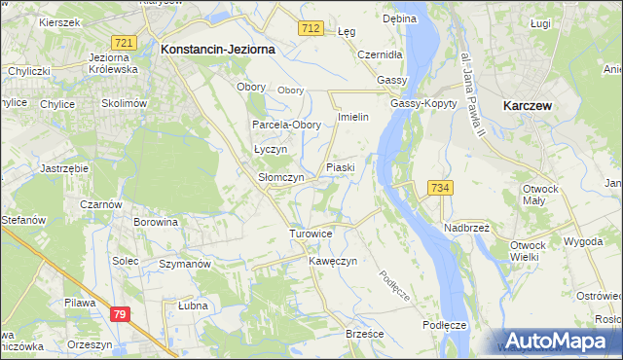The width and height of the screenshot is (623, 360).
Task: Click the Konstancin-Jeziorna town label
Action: click(218, 48)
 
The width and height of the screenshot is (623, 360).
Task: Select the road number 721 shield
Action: click(124, 44)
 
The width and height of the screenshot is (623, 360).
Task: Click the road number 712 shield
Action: click(311, 29)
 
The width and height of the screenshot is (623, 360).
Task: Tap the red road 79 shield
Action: click(120, 314)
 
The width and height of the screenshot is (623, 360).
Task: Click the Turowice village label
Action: click(311, 234)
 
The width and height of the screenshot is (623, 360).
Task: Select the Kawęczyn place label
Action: click(333, 262)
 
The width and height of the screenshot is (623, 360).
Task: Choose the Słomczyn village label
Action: click(281, 178)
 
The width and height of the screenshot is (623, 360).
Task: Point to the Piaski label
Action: click(340, 167)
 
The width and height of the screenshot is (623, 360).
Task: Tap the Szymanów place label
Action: click(185, 265)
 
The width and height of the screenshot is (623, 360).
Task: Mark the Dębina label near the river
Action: click(399, 18)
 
